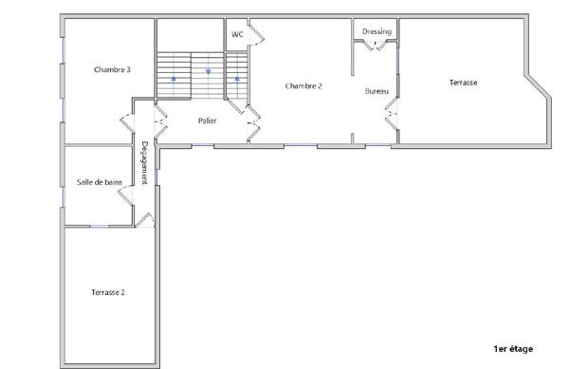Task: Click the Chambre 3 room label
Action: (x=112, y=69)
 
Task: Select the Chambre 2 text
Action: (x=303, y=85)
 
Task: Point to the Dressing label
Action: (x=376, y=31)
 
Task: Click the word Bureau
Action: (x=376, y=91)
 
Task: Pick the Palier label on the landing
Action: (x=208, y=120)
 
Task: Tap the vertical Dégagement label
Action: (x=144, y=163)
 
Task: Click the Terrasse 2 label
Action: (x=108, y=292)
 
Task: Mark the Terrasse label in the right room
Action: (x=463, y=83)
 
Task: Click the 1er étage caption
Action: (x=513, y=349)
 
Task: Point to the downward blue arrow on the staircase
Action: (x=208, y=71)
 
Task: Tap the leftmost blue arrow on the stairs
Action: (x=174, y=80)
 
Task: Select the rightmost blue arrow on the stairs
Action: (x=237, y=80)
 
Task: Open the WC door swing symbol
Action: (x=257, y=35)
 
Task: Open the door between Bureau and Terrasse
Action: (x=391, y=115)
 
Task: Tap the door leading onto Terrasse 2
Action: (x=144, y=221)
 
